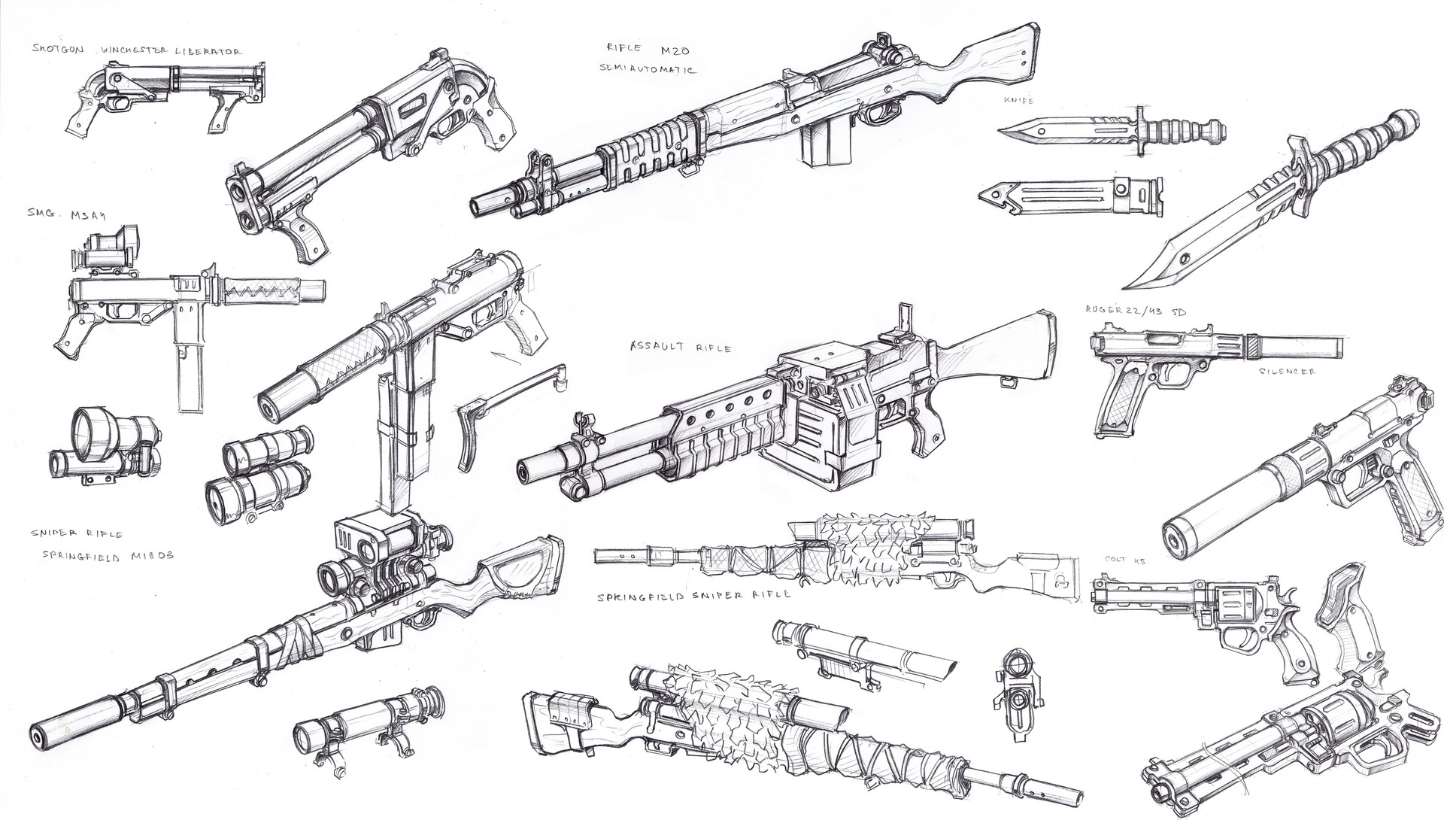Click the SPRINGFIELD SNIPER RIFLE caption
693,594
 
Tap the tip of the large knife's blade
1128,286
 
